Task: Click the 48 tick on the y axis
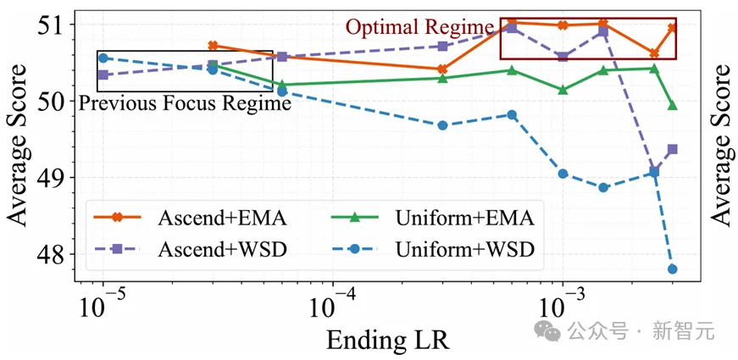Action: pyautogui.click(x=58, y=254)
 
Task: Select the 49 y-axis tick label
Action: pyautogui.click(x=58, y=177)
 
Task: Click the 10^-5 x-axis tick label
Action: pyautogui.click(x=103, y=304)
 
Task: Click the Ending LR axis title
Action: pyautogui.click(x=387, y=339)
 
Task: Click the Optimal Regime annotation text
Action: pyautogui.click(x=419, y=28)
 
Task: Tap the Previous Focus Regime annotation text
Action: pyautogui.click(x=185, y=103)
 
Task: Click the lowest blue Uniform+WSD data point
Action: pyautogui.click(x=673, y=269)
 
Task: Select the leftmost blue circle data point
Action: pyautogui.click(x=103, y=58)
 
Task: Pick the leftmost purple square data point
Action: pyautogui.click(x=103, y=75)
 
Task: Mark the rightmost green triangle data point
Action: pyautogui.click(x=673, y=106)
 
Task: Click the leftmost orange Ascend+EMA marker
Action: pyautogui.click(x=213, y=46)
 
